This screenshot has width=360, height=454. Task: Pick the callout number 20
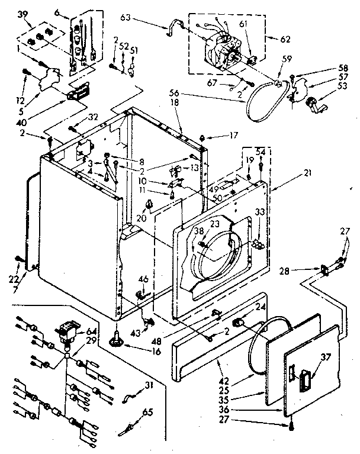140,217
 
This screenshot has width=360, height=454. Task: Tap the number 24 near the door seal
260,307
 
